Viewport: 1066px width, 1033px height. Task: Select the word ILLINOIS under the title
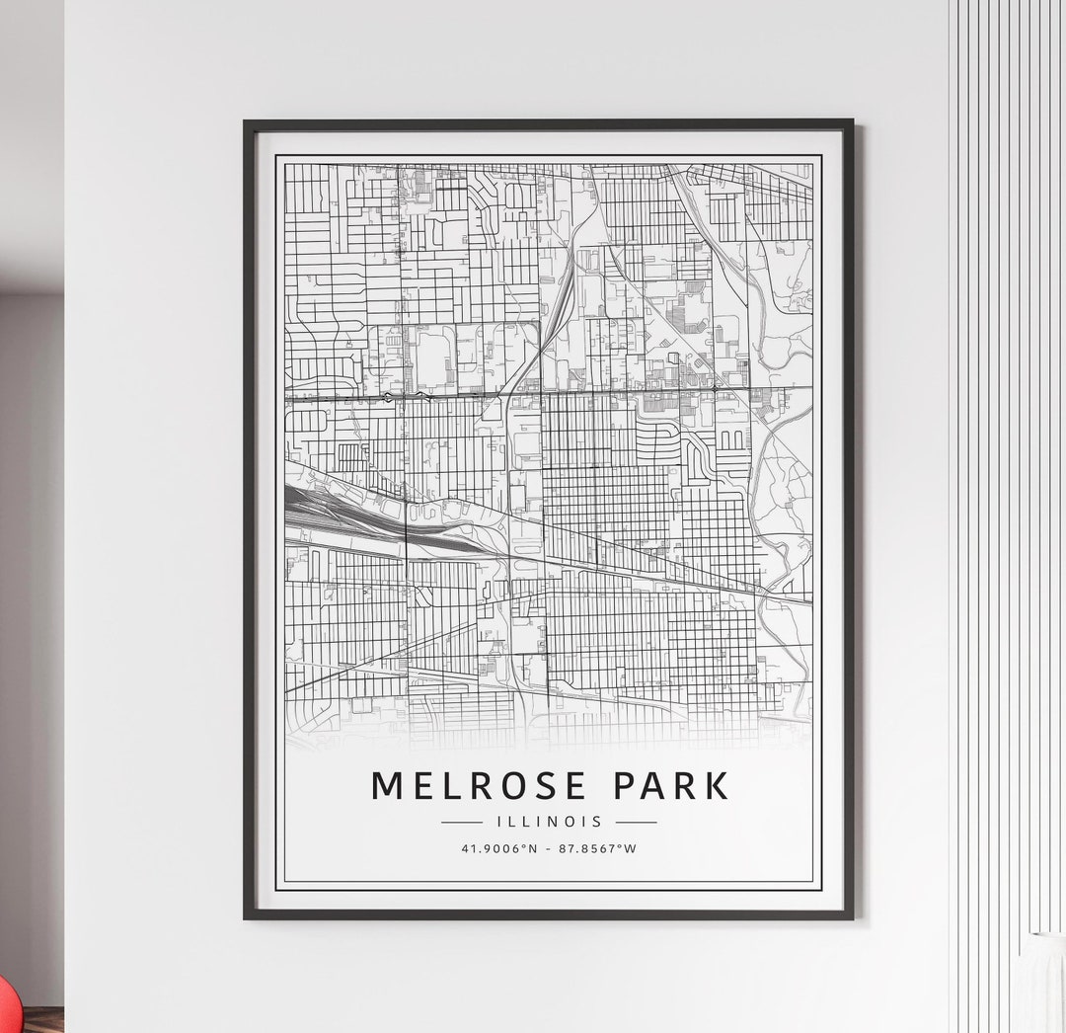click(549, 822)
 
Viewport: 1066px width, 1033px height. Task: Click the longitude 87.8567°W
click(597, 848)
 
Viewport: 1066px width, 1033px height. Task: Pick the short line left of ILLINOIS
click(462, 822)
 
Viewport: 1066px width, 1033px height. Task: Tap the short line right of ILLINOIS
click(636, 822)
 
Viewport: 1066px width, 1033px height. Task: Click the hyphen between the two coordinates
click(549, 848)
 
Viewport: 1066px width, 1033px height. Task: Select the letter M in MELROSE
click(388, 785)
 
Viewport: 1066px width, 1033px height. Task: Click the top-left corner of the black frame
click(246, 122)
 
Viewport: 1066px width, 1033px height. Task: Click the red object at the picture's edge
click(5, 1007)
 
